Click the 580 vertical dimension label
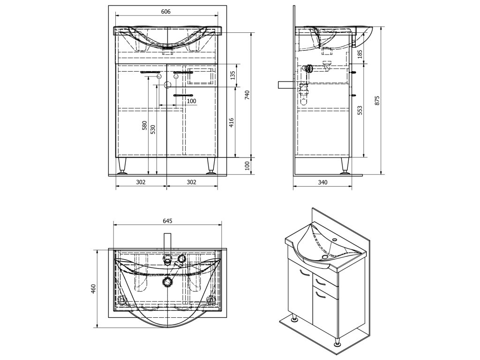pyautogui.click(x=145, y=126)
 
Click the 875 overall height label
pyautogui.click(x=378, y=99)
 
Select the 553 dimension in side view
pyautogui.click(x=360, y=110)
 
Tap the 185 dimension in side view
pyautogui.click(x=360, y=54)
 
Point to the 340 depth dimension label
pyautogui.click(x=322, y=182)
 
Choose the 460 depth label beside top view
pyautogui.click(x=93, y=288)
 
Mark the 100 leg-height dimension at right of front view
pyautogui.click(x=247, y=166)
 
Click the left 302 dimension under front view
pyautogui.click(x=141, y=182)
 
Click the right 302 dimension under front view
pyautogui.click(x=191, y=182)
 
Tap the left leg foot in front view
pyautogui.click(x=123, y=172)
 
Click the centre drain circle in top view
pyautogui.click(x=168, y=282)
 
